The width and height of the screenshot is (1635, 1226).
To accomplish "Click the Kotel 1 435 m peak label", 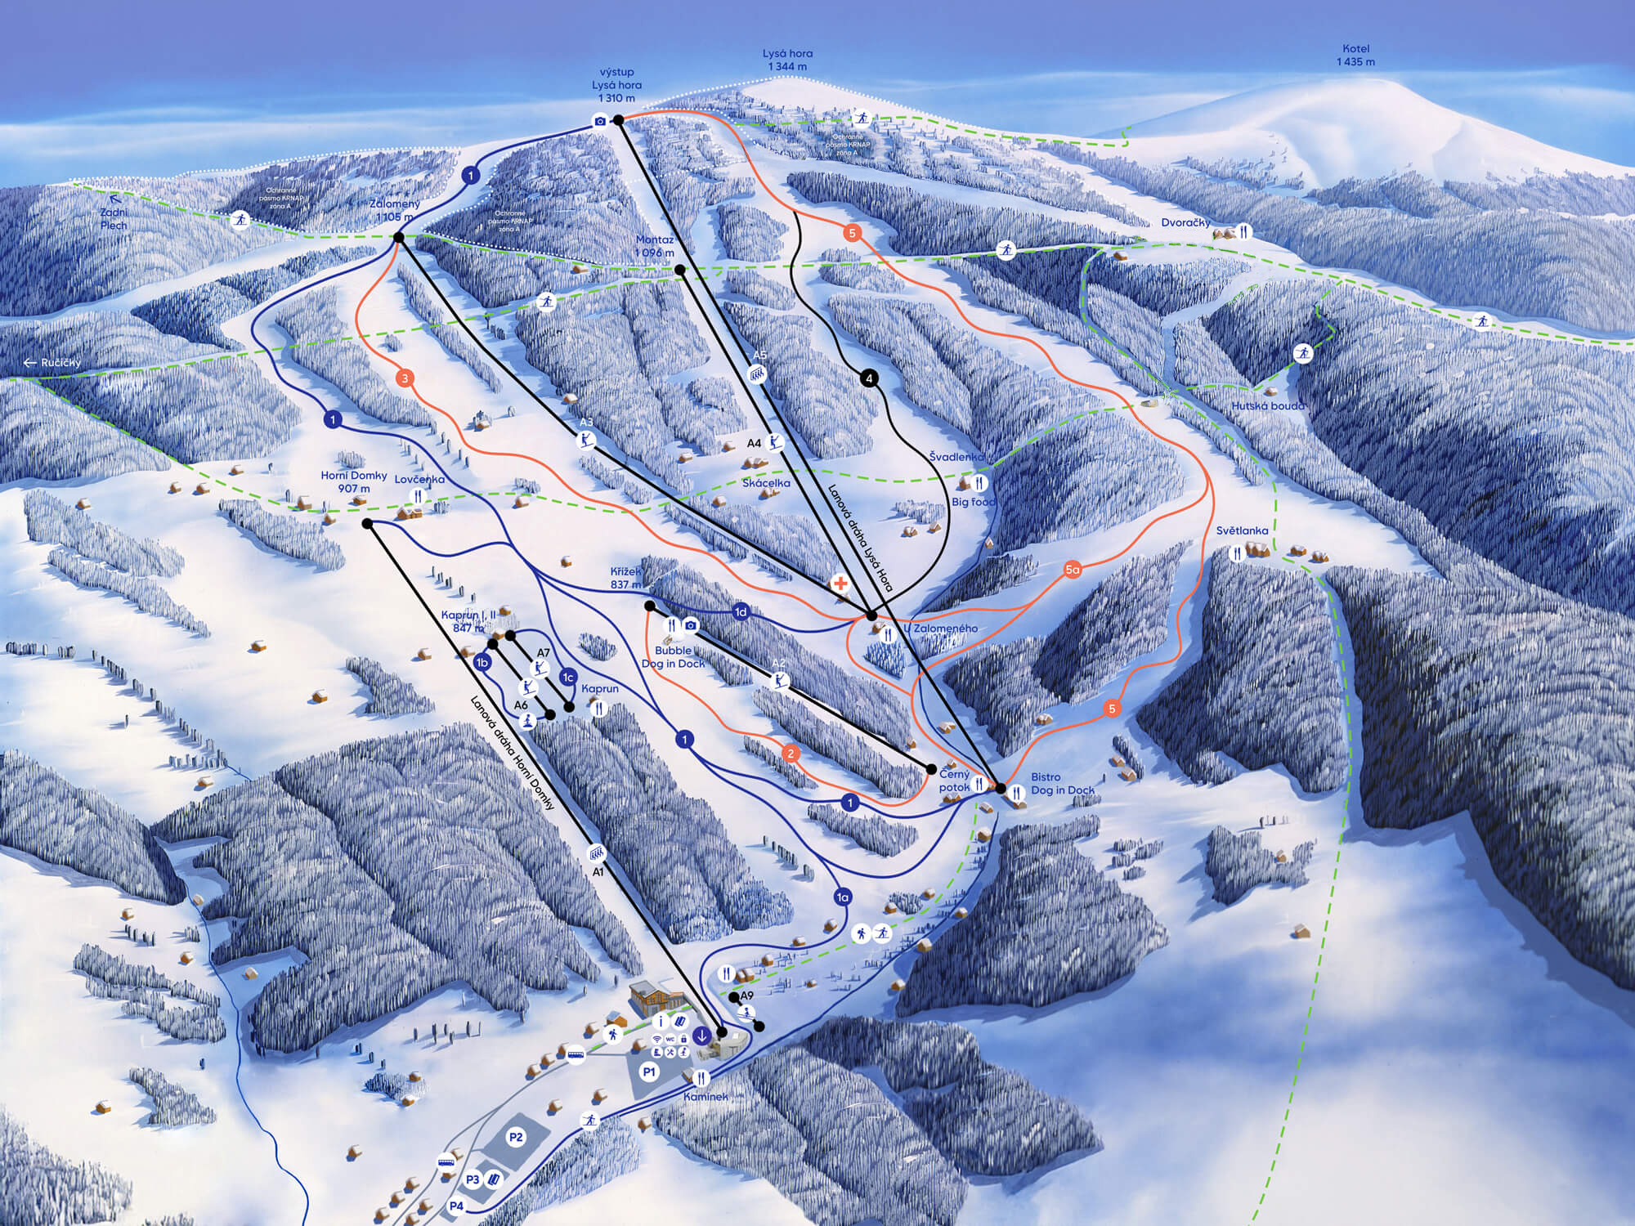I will point(1355,56).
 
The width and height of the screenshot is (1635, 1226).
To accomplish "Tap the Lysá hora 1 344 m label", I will point(789,60).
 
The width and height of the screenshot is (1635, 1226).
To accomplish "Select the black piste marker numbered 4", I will point(868,378).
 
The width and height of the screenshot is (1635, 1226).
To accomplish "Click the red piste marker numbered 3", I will point(405,378).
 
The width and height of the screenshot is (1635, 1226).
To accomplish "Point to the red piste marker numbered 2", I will point(790,754).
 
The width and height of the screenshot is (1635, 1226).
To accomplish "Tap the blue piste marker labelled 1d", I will point(741,612).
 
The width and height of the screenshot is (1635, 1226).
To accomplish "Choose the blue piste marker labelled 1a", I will point(843,897).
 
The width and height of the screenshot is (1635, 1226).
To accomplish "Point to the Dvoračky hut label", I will point(1185,223).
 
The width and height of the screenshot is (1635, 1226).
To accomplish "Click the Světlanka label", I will point(1242,530).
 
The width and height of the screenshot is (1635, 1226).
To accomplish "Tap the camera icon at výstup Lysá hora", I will point(600,122).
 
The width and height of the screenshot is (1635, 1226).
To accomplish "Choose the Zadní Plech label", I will point(113,219).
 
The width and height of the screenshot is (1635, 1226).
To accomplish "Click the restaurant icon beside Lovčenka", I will point(418,496).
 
